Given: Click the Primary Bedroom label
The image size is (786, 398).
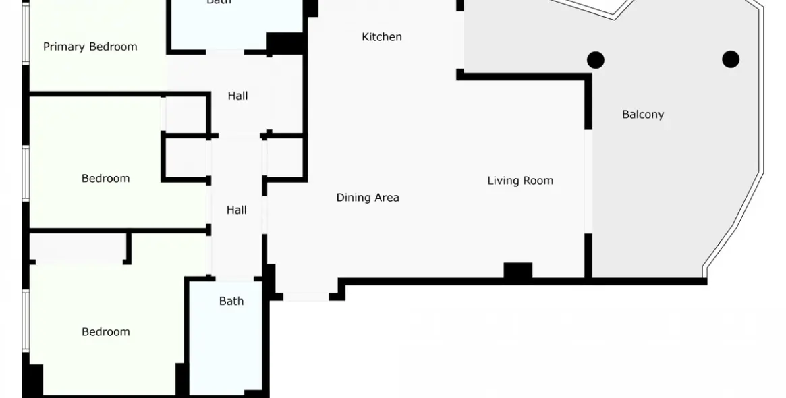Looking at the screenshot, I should [90, 47].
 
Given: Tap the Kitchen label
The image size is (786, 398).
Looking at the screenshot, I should [382, 37].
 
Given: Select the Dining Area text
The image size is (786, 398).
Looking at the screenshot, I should [368, 198].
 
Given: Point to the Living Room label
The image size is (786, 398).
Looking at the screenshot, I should [520, 181].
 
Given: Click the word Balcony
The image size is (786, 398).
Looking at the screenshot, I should [643, 115].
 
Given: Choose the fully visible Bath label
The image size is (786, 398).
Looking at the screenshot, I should [231, 302].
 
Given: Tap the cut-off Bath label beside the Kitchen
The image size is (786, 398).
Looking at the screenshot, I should [219, 3].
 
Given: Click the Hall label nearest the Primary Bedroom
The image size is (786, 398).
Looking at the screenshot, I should [237, 96].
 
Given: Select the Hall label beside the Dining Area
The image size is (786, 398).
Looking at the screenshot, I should [236, 210].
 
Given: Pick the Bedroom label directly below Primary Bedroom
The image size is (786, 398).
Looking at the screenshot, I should [105, 179].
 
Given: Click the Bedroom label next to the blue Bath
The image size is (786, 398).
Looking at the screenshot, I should [105, 332].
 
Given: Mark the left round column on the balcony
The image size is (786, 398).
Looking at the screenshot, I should [595, 60].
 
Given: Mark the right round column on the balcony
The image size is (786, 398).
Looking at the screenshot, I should [731, 59].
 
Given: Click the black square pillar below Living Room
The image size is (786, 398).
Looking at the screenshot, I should [517, 271].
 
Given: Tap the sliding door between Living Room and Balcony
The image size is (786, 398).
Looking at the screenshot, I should [588, 181].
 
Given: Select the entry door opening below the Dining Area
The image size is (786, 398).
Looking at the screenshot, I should [306, 296].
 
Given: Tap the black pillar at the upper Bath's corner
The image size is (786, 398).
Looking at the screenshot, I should [285, 42].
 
